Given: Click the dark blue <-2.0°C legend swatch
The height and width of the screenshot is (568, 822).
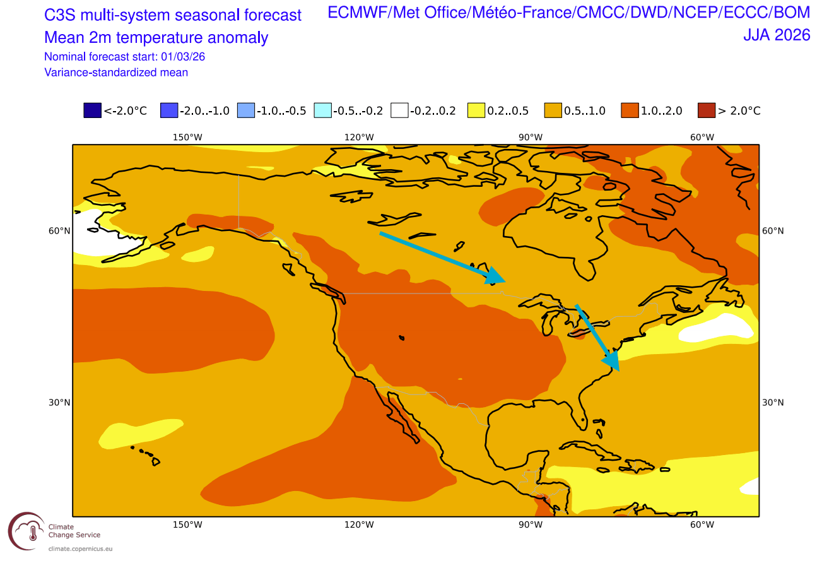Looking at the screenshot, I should coord(92,110).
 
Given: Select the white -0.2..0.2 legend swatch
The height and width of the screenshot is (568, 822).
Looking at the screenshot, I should coord(399,110).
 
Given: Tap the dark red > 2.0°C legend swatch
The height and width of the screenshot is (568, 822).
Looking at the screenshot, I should coord(706,110).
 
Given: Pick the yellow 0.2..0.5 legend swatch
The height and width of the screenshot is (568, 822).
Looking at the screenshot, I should coord(476,110).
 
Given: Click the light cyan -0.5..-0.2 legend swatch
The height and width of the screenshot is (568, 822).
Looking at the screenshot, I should coord(322,110).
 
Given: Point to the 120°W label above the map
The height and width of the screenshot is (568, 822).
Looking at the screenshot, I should coord(359,137).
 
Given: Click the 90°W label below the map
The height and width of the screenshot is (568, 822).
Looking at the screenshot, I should coord(531,525).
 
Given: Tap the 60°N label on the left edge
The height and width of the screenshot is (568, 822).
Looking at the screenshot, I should coord(59,231).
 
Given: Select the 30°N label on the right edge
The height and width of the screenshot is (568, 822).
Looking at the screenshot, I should coord(773,403).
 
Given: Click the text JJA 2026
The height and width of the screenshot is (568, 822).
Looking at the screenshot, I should coord(776,35).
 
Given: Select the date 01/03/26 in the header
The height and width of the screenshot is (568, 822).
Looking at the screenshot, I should coord(184,56).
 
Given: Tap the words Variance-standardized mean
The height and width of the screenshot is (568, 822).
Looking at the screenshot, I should coord(116,73).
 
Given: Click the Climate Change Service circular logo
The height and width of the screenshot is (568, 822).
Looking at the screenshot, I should coord(26,531).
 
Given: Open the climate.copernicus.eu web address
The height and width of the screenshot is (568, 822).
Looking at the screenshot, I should coord(80,549).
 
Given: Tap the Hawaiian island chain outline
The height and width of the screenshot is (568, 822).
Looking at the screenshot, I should coord(146,454).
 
